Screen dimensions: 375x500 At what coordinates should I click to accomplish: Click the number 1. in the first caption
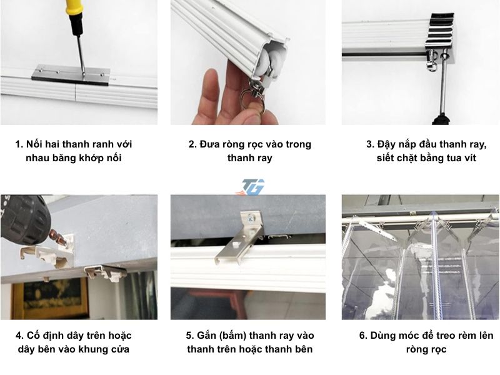[x=19, y=144]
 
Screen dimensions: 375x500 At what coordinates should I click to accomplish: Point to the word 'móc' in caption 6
[x=414, y=336]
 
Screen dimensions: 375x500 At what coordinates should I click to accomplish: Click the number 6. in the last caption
[x=363, y=336]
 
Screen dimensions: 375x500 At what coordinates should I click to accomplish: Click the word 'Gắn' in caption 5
[x=205, y=336]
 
